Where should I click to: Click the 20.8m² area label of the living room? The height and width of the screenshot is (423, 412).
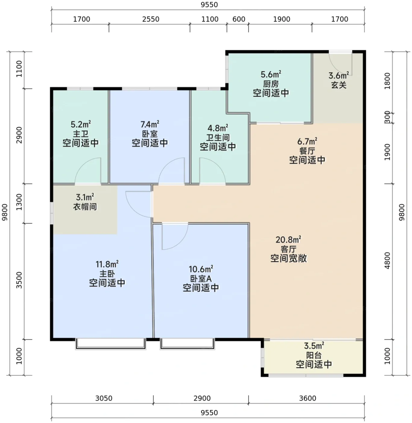point(288,240)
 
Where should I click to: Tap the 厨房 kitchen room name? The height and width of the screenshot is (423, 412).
point(271,84)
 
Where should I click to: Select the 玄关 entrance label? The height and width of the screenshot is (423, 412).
point(339,85)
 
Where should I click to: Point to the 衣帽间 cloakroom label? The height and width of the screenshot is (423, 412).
point(85,206)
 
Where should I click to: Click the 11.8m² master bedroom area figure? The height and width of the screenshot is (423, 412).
point(107,264)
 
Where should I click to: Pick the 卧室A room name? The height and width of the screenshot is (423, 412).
point(201,279)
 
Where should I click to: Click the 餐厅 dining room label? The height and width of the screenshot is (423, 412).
point(307,151)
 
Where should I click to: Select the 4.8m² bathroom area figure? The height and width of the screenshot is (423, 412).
point(217,128)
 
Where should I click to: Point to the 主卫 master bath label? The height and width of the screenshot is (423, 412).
point(81,134)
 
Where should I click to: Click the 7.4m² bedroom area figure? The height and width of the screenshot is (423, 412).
point(150,124)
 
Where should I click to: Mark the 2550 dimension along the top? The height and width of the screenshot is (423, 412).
point(151,19)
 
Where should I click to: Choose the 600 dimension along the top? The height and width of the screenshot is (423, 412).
point(239,19)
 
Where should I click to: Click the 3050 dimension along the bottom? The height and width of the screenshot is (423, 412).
point(104,398)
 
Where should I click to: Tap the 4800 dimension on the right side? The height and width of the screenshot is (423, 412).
point(387,260)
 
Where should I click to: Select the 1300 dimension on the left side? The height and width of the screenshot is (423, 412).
point(19,202)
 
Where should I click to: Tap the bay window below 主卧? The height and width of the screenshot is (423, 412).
point(111,344)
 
